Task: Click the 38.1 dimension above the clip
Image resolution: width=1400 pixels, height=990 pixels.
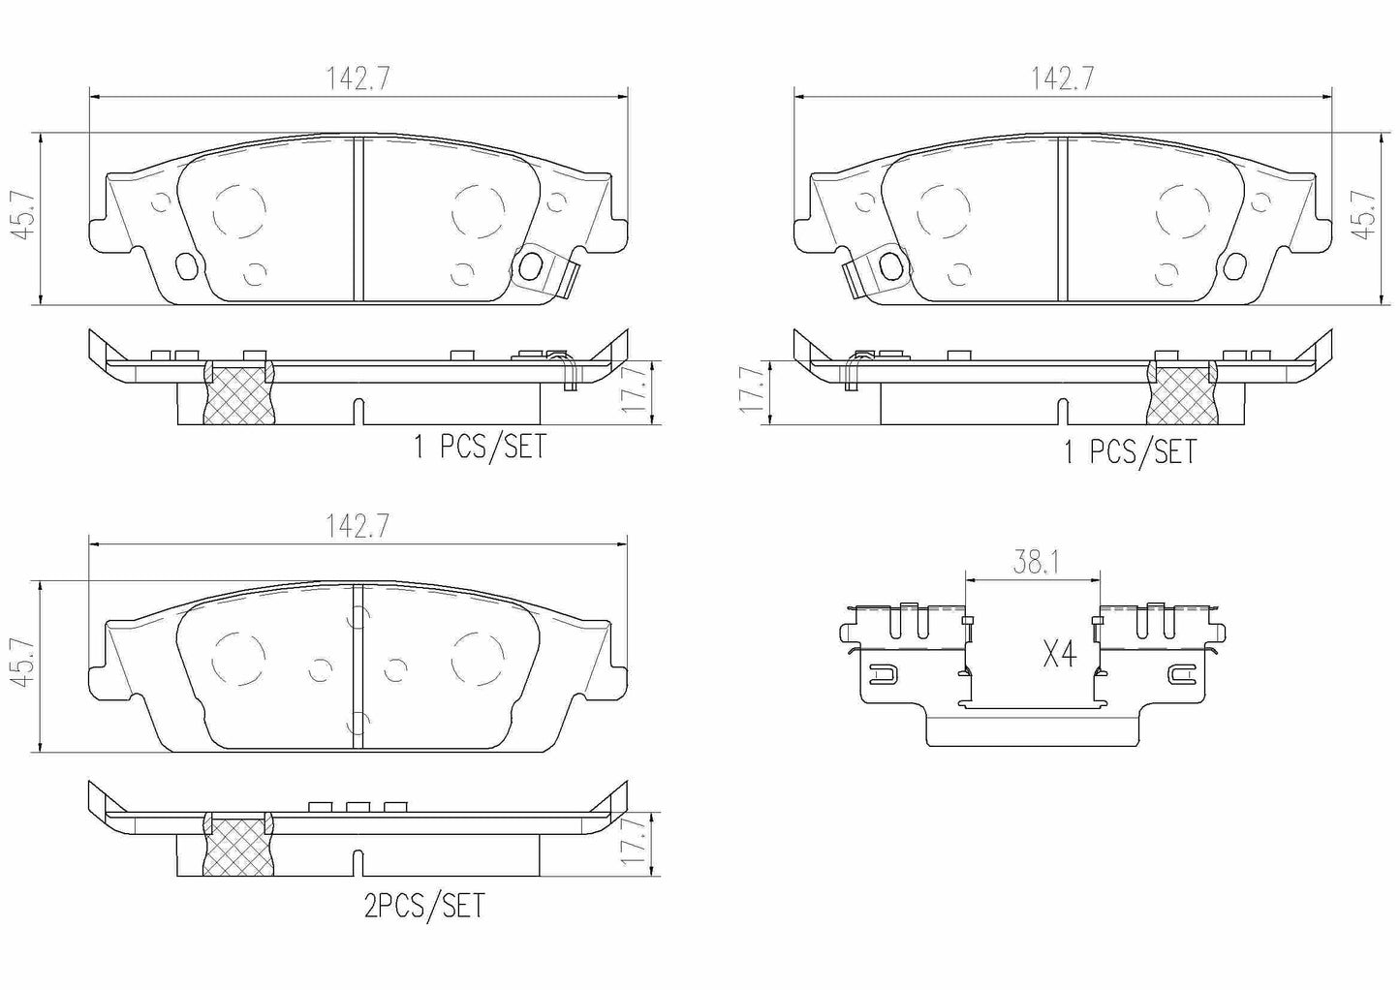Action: (1035, 563)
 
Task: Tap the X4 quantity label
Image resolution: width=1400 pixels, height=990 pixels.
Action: (1060, 656)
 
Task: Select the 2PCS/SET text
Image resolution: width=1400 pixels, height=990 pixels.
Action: (424, 906)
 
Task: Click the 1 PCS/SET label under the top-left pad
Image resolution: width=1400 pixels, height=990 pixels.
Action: (481, 447)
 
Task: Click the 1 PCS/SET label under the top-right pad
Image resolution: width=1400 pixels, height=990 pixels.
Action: (1131, 451)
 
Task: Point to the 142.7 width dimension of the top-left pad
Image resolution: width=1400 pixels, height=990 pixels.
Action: (358, 79)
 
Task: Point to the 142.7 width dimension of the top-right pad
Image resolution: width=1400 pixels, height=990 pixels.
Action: (1062, 79)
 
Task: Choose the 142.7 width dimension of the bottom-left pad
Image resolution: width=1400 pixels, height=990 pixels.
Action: (358, 526)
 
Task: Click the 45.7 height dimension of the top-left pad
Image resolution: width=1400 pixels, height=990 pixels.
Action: (22, 216)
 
